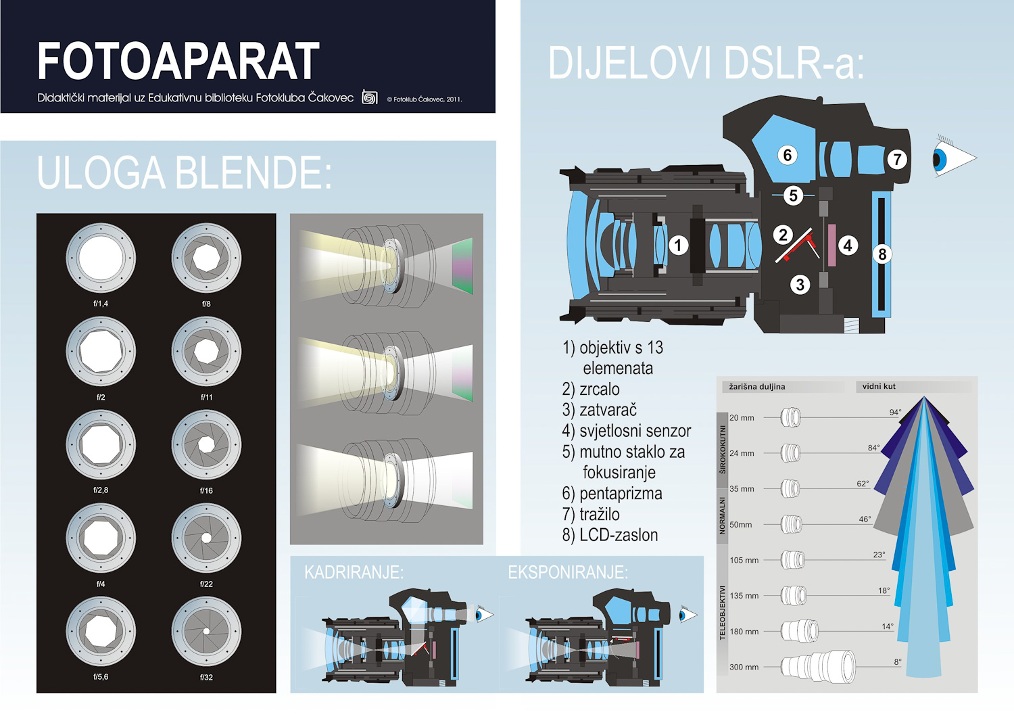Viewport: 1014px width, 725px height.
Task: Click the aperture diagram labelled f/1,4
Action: click(x=101, y=258)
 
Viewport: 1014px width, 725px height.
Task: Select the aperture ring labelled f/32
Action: click(x=206, y=631)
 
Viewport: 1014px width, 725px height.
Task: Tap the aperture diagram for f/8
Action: click(x=206, y=258)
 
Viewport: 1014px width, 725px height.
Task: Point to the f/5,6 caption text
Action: click(x=101, y=677)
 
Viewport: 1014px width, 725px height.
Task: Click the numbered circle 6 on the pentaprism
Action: click(x=788, y=155)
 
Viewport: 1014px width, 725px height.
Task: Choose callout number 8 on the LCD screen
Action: click(x=882, y=254)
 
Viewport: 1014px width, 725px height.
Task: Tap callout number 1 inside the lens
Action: click(x=677, y=245)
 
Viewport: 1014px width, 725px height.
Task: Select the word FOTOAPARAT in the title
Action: click(x=178, y=61)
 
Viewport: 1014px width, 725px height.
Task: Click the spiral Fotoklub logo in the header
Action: click(x=369, y=97)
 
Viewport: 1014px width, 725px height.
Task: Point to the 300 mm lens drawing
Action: click(x=819, y=667)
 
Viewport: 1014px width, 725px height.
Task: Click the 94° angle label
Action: click(x=895, y=413)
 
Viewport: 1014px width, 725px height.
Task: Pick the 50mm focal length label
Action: click(x=741, y=525)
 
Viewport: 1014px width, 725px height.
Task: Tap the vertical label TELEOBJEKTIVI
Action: click(x=723, y=612)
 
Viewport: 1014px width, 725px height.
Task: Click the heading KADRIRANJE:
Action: click(x=354, y=572)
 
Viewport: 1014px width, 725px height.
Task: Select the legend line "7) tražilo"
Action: click(x=591, y=515)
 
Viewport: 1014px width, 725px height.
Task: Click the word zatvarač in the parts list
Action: click(x=608, y=410)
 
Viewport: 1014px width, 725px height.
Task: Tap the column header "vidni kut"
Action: click(x=879, y=386)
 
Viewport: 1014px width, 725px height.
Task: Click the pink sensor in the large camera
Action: click(x=832, y=245)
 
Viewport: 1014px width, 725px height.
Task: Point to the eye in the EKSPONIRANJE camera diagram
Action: click(x=688, y=615)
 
